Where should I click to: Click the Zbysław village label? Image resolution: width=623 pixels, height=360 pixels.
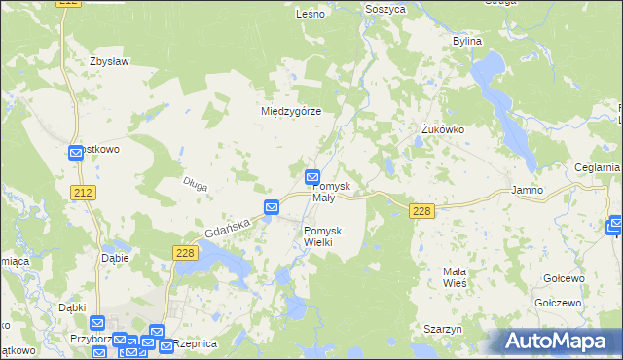[x=109, y=61]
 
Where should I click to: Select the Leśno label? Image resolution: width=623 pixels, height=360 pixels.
[x=310, y=14]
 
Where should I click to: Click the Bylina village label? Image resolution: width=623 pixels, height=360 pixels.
[x=467, y=42]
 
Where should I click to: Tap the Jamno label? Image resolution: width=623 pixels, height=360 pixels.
[x=527, y=191]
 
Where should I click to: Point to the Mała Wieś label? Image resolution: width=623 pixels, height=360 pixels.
[x=455, y=276]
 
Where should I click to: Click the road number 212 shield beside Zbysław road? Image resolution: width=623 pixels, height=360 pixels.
[x=84, y=194]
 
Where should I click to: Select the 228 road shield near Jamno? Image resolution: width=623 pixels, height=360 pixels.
[x=421, y=211]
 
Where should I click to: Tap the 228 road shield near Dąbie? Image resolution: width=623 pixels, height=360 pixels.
[x=187, y=253]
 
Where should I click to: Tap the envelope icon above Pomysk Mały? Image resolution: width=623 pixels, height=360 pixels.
[x=312, y=177]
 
